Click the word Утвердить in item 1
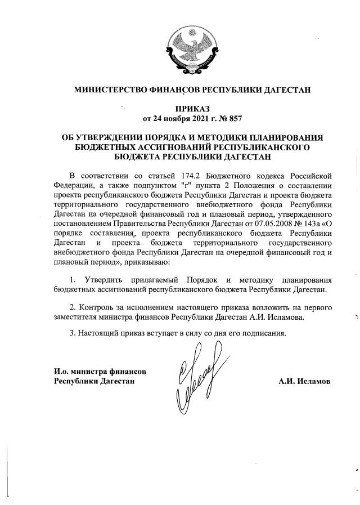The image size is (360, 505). click(101, 280)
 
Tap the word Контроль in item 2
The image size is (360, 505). click(95, 307)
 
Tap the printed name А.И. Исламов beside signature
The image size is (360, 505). click(304, 382)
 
